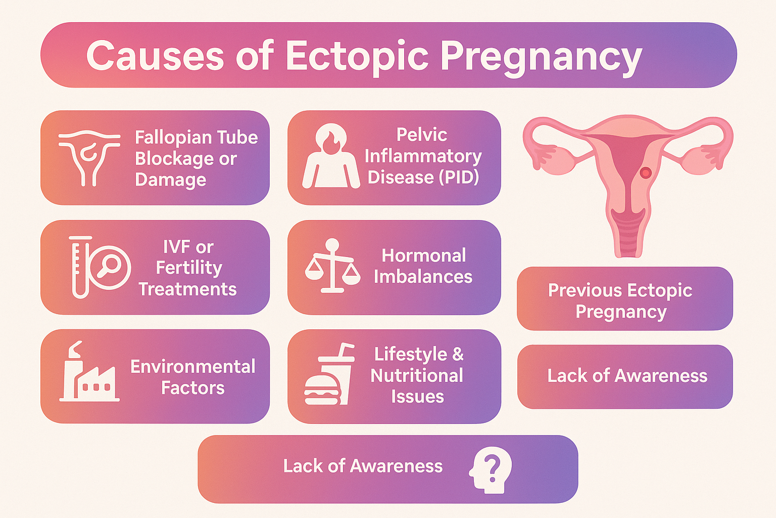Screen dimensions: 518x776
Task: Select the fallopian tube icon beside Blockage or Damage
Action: tap(89, 157)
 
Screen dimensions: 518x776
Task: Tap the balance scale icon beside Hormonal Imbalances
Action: tap(332, 266)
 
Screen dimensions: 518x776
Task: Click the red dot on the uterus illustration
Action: tap(645, 173)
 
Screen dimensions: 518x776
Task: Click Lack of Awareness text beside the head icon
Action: tap(363, 466)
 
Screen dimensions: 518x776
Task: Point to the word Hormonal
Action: tap(424, 255)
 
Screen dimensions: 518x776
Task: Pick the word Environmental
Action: tap(192, 366)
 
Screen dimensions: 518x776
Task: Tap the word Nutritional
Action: tap(417, 375)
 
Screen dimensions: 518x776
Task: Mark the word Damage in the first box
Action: tap(170, 180)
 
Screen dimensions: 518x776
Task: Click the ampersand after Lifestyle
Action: tap(458, 354)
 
